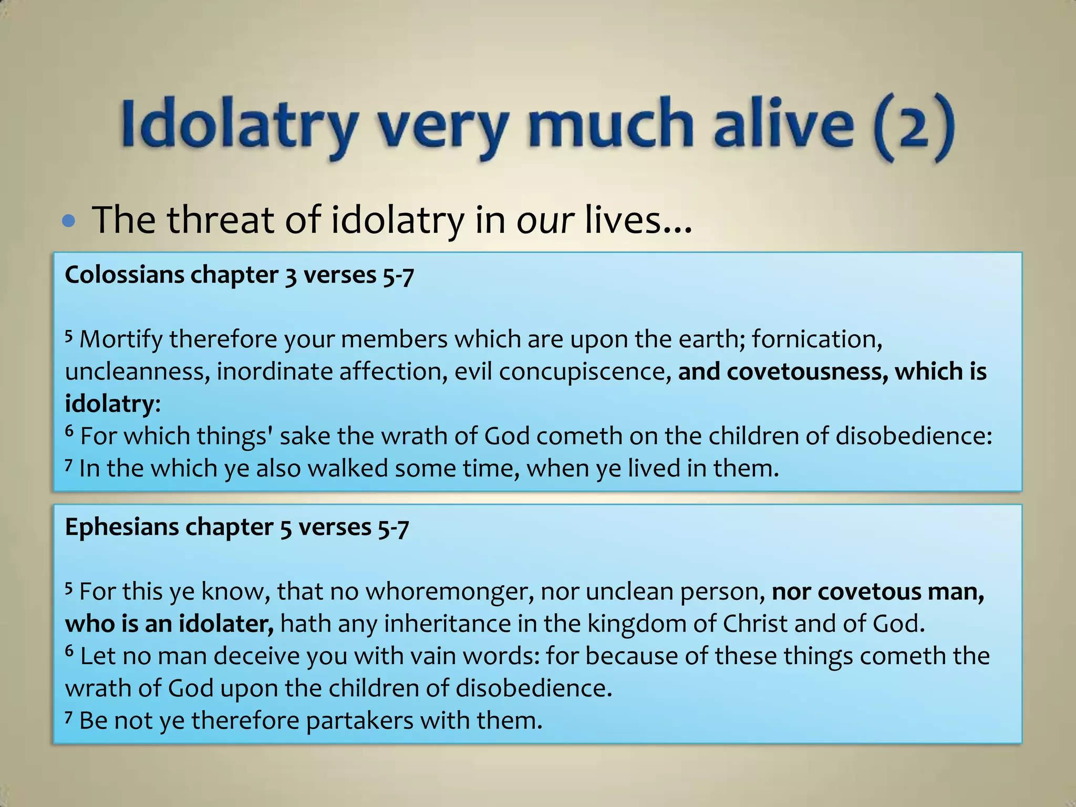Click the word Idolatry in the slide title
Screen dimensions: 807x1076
pyautogui.click(x=239, y=126)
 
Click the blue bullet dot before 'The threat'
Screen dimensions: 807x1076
pyautogui.click(x=68, y=221)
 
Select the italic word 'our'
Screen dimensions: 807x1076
pyautogui.click(x=545, y=221)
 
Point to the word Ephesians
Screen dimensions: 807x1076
pyautogui.click(x=122, y=527)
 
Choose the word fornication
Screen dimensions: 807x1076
pyautogui.click(x=816, y=339)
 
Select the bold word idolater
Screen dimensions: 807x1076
pyautogui.click(x=226, y=624)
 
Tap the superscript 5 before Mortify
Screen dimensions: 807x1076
pyautogui.click(x=68, y=335)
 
